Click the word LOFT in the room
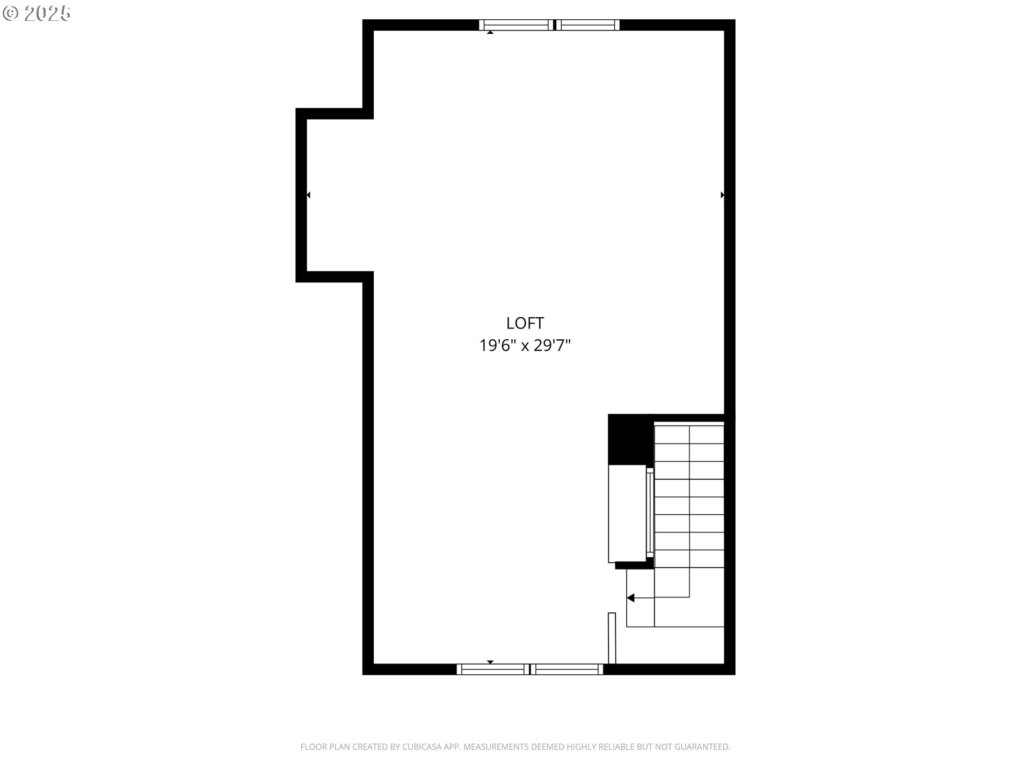pos(525,323)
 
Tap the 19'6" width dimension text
pos(498,345)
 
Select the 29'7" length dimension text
pos(552,345)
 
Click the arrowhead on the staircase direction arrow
pos(630,597)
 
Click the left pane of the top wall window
pos(517,25)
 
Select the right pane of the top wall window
pos(587,25)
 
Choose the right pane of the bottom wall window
pos(567,669)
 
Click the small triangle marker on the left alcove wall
pos(308,195)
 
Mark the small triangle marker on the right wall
pos(722,195)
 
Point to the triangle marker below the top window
pos(490,32)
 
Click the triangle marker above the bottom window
pos(490,662)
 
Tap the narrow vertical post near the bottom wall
pos(612,638)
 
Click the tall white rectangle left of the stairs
pos(627,514)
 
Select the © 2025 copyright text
pos(37,13)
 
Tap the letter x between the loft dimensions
pos(525,346)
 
